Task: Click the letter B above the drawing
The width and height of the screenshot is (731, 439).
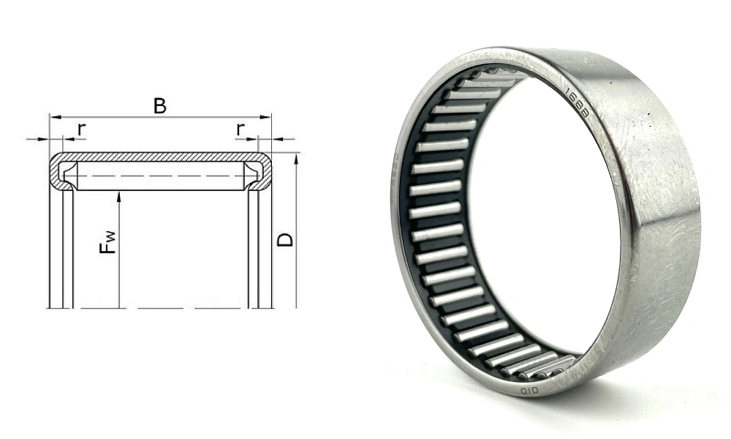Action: [x=159, y=105]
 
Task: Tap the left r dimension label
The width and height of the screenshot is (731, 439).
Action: [x=81, y=129]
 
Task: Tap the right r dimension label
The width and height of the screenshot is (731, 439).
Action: [x=240, y=129]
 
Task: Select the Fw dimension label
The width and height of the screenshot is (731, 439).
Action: [x=107, y=241]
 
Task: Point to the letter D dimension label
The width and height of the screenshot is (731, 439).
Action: [x=286, y=239]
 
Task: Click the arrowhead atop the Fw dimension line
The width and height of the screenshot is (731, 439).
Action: [x=118, y=196]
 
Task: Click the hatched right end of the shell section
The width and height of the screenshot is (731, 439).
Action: [x=265, y=173]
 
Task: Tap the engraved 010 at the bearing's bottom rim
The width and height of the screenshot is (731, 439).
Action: [x=529, y=391]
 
